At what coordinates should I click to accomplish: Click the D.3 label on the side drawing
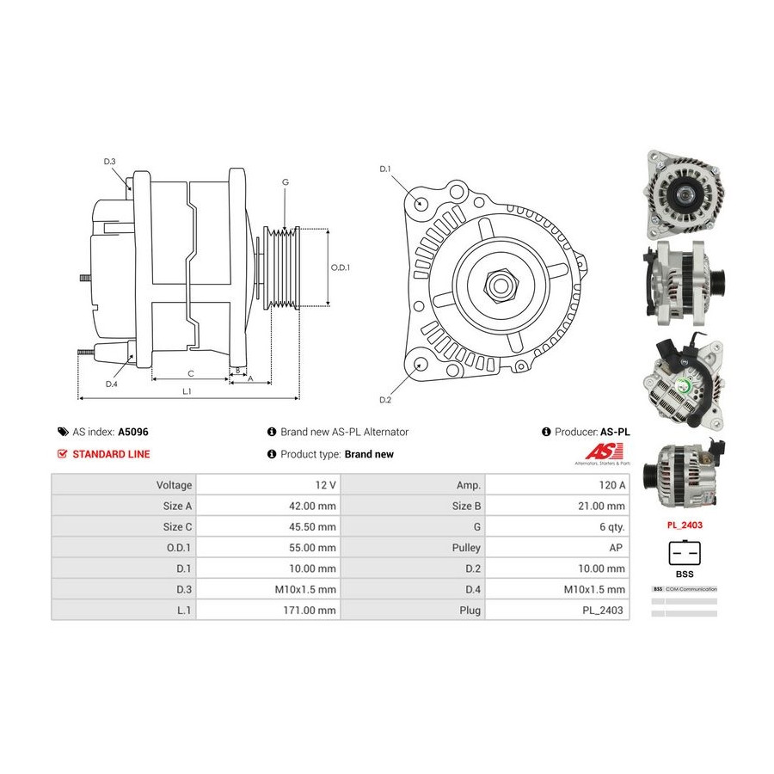tap(109, 162)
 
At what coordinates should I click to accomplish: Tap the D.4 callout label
tap(111, 384)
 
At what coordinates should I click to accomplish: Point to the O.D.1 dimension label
tap(341, 267)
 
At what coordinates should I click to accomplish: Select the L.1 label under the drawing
tap(186, 391)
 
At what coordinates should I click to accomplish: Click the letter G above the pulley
tap(285, 182)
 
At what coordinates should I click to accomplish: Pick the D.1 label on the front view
tap(385, 169)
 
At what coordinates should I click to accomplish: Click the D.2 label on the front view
tap(385, 400)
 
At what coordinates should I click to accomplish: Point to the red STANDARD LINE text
tap(111, 454)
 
